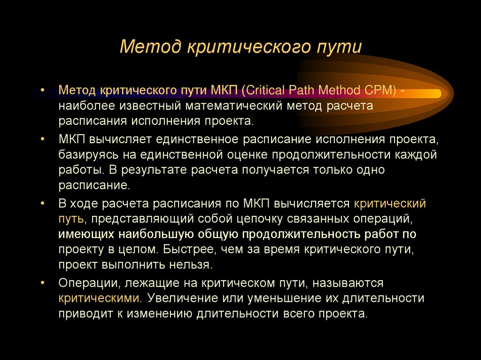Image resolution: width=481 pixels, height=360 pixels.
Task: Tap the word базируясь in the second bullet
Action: click(86, 154)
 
